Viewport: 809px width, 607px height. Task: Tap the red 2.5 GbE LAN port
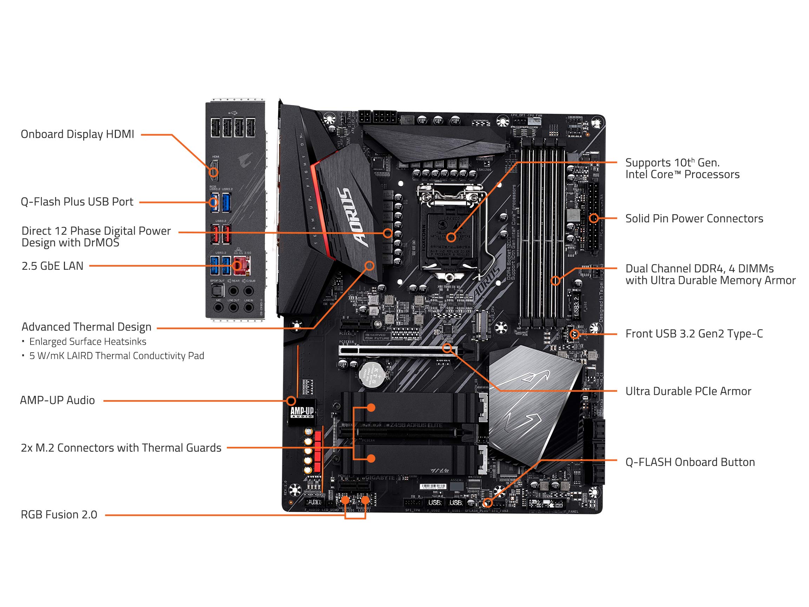click(x=241, y=266)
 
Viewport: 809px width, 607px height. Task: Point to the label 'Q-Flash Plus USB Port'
click(x=77, y=202)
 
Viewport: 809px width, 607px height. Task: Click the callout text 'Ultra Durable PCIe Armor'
click(x=688, y=391)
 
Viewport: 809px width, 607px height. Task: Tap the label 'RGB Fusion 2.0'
click(x=59, y=515)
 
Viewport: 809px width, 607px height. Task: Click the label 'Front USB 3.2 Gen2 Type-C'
click(x=694, y=334)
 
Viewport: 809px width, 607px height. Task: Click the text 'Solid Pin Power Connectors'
click(x=694, y=218)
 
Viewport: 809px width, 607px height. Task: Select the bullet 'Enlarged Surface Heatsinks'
click(x=87, y=342)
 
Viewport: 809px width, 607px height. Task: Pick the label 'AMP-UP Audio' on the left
click(x=58, y=400)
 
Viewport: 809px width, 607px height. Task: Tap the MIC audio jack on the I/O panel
click(x=218, y=307)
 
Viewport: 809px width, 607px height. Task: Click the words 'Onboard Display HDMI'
click(x=77, y=134)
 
